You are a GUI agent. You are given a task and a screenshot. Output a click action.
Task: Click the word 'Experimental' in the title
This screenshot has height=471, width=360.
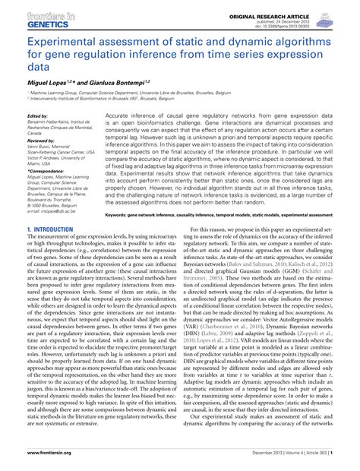click(x=63, y=43)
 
